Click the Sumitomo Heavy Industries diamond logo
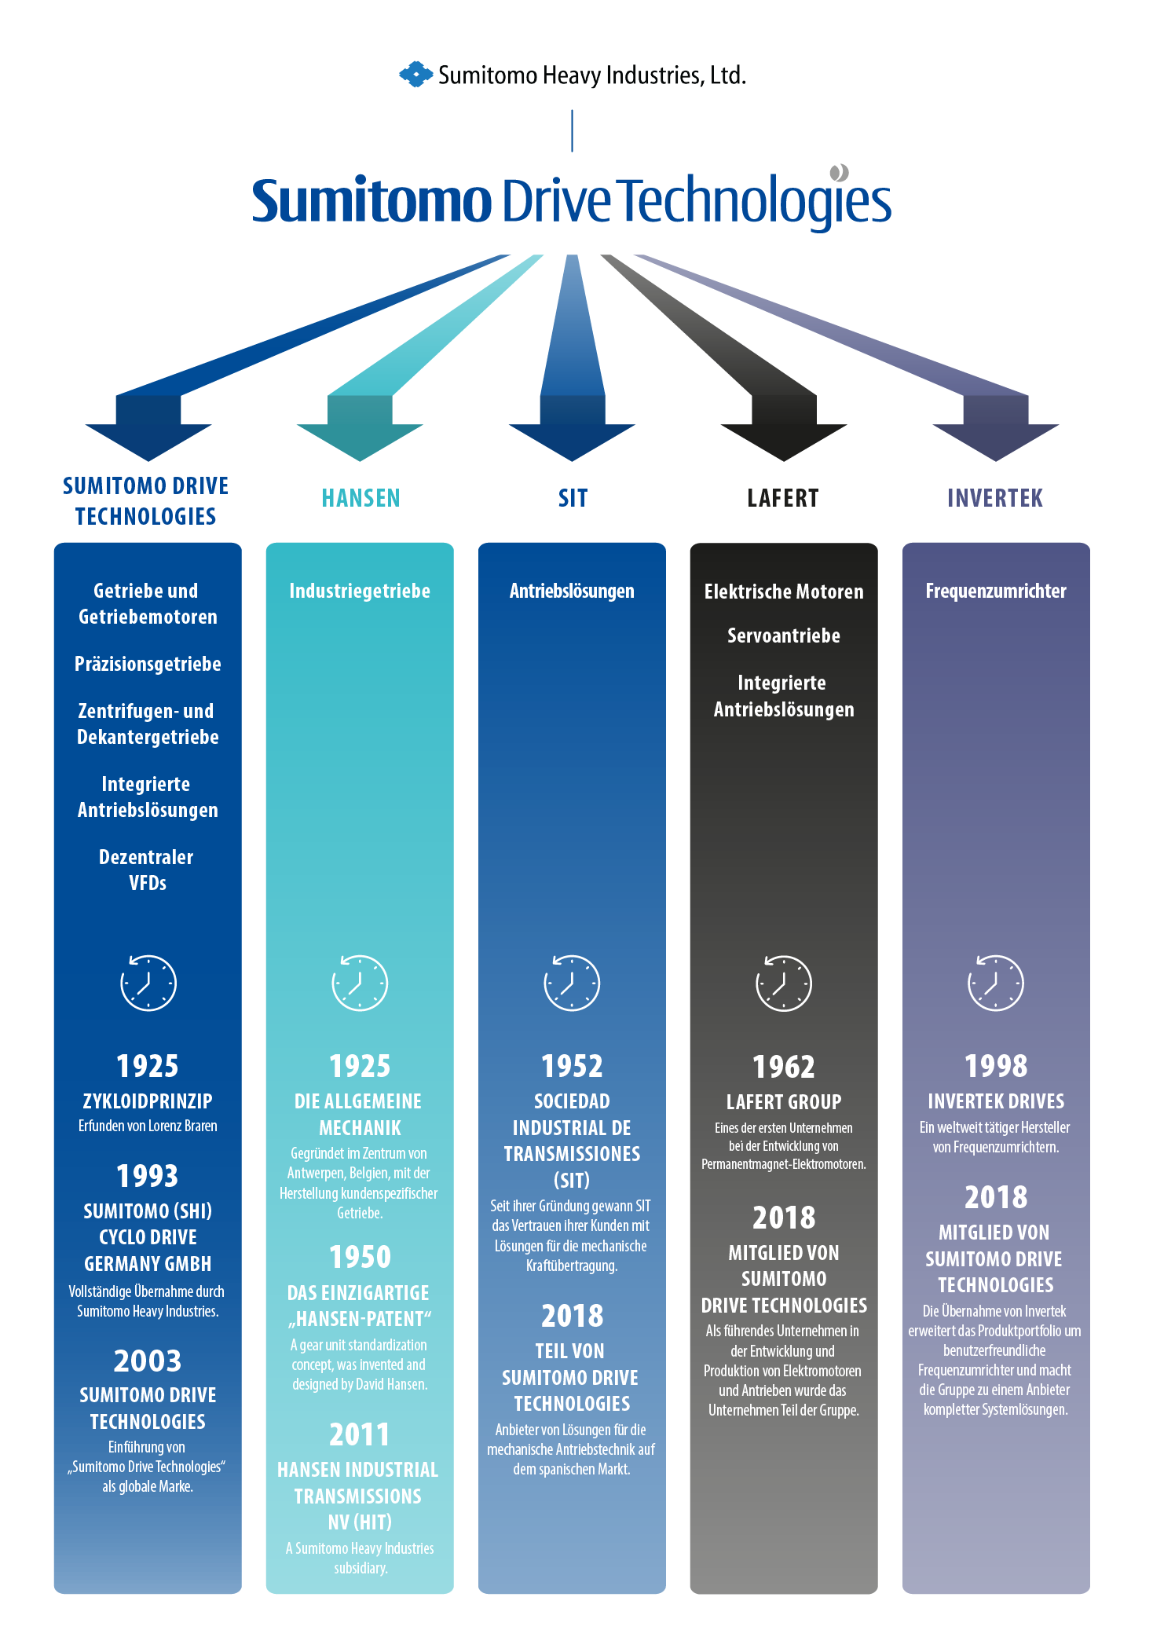[x=415, y=75]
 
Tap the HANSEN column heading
[x=361, y=498]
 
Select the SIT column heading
[x=573, y=498]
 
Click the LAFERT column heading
[x=783, y=498]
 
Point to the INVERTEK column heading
[x=995, y=498]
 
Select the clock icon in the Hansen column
[x=360, y=983]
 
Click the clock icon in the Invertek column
[x=996, y=983]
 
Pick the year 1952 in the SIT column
[x=572, y=1066]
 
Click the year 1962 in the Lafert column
[x=784, y=1067]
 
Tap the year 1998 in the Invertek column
[x=996, y=1066]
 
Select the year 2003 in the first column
[x=148, y=1361]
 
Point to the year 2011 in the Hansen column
[x=360, y=1434]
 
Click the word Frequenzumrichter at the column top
[x=996, y=591]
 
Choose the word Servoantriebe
[x=784, y=636]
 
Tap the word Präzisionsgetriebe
[x=148, y=665]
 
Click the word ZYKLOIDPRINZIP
[x=148, y=1101]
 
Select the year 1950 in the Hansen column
[x=360, y=1257]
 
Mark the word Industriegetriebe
[x=360, y=591]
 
